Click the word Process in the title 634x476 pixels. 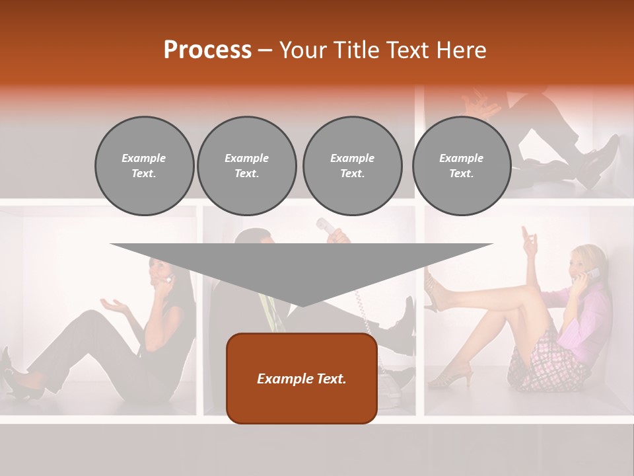point(207,50)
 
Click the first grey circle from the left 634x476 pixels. point(144,166)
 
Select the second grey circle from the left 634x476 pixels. point(246,166)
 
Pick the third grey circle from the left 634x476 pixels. point(352,166)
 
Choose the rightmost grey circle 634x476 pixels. point(461,166)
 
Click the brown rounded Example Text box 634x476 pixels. point(302,378)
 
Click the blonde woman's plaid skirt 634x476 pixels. point(551,360)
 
